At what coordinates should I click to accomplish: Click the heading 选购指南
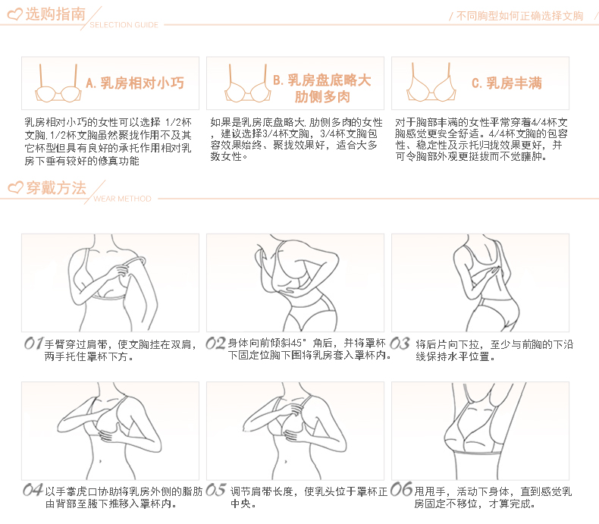click(x=55, y=14)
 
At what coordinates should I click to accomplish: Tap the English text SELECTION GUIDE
click(x=124, y=25)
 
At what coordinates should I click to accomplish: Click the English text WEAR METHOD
click(x=122, y=199)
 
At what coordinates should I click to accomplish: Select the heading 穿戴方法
click(x=56, y=188)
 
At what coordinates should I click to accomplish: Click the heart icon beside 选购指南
click(x=15, y=15)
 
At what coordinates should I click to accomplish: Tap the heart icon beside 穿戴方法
click(x=16, y=187)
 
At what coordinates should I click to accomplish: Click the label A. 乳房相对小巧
click(x=135, y=83)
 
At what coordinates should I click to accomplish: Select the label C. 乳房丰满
click(x=506, y=83)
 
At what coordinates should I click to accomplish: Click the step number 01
click(x=33, y=344)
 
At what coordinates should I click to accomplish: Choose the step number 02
click(x=215, y=344)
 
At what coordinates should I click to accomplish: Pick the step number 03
click(x=400, y=344)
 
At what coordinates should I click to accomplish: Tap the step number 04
click(x=33, y=490)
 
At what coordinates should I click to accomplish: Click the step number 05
click(x=216, y=490)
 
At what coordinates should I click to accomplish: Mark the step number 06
click(x=402, y=489)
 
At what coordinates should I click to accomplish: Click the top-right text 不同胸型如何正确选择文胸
click(x=519, y=16)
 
